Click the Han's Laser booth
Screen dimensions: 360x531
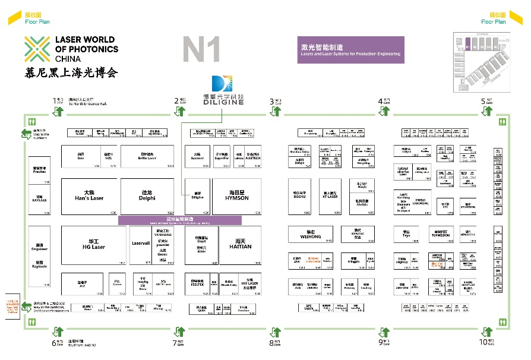89,196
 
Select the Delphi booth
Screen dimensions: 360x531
147,196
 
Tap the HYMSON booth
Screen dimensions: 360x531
236,196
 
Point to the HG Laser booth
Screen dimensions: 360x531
93,245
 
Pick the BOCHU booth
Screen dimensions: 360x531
299,196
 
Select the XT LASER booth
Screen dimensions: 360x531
330,196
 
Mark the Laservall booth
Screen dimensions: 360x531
141,243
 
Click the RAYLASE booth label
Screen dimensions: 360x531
39,199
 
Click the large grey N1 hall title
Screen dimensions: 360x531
202,50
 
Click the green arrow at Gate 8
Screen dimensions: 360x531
276,331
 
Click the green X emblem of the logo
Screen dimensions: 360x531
37,49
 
